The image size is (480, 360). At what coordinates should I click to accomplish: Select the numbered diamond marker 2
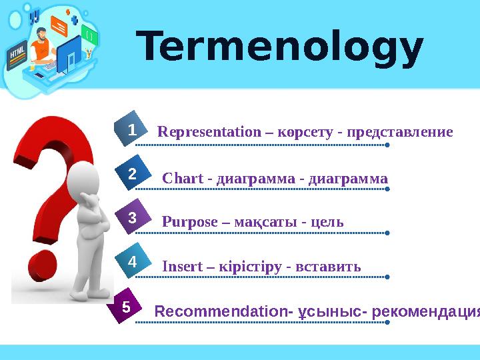132,175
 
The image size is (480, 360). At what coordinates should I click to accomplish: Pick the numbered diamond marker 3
132,218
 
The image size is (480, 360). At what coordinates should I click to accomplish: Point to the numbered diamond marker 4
132,263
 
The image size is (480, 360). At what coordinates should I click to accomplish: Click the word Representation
209,132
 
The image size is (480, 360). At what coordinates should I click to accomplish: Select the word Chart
183,179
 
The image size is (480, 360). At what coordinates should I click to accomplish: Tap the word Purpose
189,222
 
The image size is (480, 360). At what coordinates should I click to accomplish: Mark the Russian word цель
325,222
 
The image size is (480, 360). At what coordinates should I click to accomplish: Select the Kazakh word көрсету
305,132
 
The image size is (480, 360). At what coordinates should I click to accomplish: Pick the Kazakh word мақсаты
265,222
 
